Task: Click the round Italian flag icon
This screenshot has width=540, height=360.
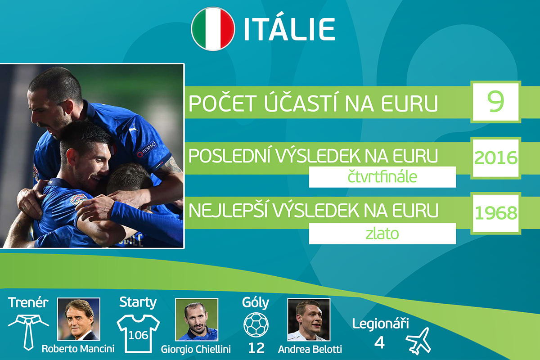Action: [213, 29]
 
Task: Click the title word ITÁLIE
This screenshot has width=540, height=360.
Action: [289, 29]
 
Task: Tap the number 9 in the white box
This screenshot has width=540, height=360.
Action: [495, 102]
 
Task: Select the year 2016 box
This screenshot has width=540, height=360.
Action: [495, 158]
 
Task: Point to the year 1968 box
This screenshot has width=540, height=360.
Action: [495, 213]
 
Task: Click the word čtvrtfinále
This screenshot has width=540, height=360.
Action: [382, 177]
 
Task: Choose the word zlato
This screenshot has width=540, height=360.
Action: [382, 234]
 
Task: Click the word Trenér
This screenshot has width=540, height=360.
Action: [28, 302]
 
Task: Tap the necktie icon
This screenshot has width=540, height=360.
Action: [28, 332]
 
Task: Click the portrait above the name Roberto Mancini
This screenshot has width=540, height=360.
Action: [79, 319]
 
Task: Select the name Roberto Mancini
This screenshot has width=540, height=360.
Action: [78, 349]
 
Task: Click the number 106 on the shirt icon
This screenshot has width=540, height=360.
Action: [138, 335]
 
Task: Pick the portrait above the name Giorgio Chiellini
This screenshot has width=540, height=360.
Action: [197, 319]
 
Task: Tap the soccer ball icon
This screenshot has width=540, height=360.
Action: [256, 325]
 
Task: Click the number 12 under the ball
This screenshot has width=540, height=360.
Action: [256, 348]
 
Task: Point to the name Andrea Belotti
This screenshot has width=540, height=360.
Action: [310, 349]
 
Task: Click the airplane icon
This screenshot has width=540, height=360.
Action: [418, 341]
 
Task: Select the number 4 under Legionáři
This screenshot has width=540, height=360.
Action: [379, 342]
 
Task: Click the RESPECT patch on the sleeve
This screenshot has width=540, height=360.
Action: [147, 149]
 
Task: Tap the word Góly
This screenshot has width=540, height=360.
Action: [256, 303]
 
